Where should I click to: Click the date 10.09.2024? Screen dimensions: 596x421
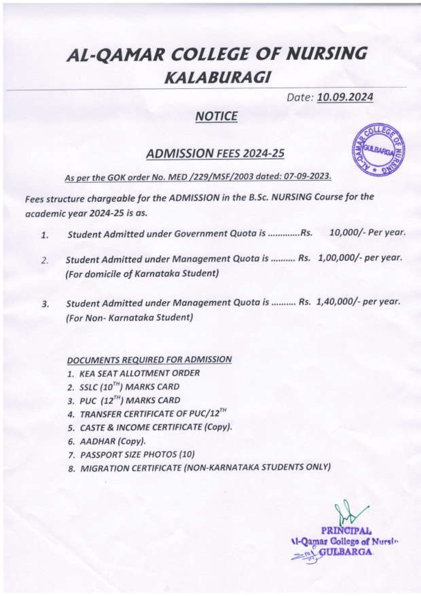(345, 97)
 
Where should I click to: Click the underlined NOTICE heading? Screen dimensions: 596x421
(216, 116)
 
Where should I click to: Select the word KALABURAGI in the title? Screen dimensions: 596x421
(218, 78)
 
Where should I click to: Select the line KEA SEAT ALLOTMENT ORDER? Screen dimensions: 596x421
(139, 373)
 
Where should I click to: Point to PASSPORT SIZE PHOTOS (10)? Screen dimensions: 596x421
(137, 454)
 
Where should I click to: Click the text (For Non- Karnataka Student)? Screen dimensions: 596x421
(129, 318)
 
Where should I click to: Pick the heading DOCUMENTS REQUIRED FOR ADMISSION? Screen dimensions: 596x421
(149, 359)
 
